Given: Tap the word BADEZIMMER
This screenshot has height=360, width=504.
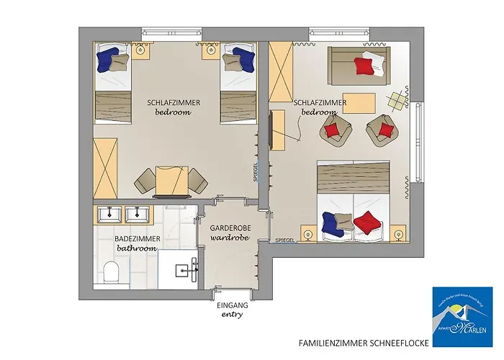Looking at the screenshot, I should pyautogui.click(x=136, y=238).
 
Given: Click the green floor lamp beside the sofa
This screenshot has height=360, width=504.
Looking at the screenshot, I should pyautogui.click(x=395, y=100).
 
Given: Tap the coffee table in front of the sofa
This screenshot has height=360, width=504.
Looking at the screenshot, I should pyautogui.click(x=359, y=102).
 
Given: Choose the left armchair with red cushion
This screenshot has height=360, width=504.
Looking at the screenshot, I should pyautogui.click(x=333, y=131).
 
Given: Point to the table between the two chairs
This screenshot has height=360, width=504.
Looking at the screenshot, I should pyautogui.click(x=171, y=179).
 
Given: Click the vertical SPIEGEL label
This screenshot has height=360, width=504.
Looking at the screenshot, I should pyautogui.click(x=256, y=170).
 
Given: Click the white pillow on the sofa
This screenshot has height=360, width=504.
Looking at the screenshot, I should pyautogui.click(x=374, y=60).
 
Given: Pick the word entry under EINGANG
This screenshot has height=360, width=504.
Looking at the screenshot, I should pyautogui.click(x=232, y=315).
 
